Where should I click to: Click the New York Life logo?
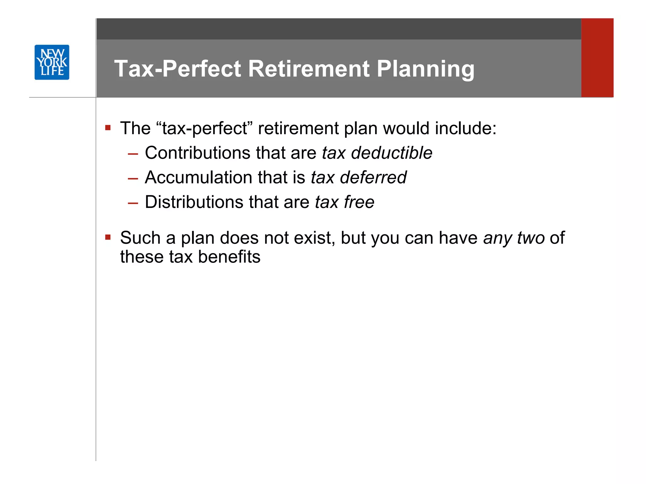coord(52,62)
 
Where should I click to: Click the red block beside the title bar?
coord(597,58)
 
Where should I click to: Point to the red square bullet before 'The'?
coord(108,128)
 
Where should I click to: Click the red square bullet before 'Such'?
coord(108,237)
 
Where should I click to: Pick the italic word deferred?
coord(373,177)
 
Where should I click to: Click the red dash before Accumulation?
coord(133,179)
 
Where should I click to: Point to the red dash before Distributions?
coord(133,203)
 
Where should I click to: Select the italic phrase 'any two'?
coord(514,238)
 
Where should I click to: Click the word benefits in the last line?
coord(229,257)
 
